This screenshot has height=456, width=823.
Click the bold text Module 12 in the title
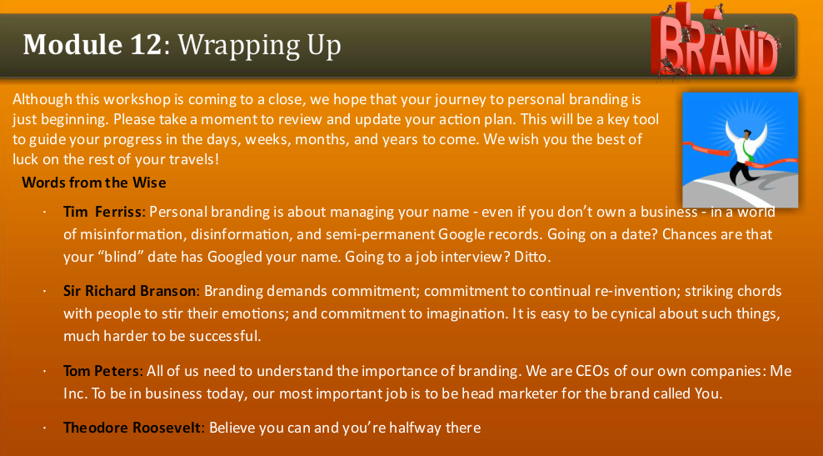91,44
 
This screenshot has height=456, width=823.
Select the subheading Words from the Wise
94,182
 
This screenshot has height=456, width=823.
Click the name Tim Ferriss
104,212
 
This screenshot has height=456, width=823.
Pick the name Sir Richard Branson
130,292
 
